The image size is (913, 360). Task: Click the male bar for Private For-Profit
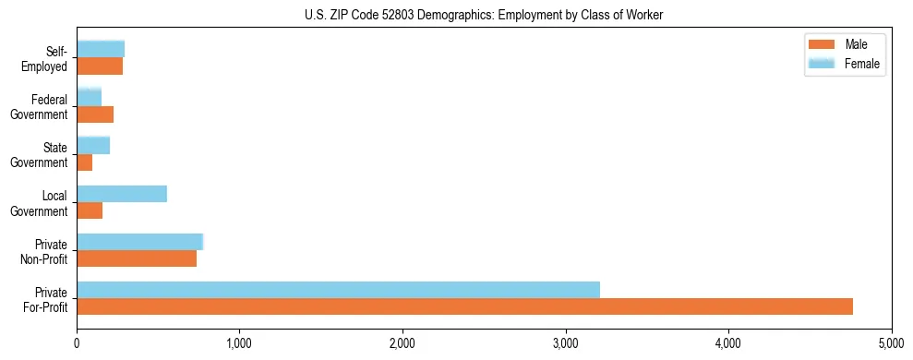tap(464, 306)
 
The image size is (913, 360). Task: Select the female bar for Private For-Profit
tap(338, 290)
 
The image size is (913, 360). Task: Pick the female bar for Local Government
tap(122, 194)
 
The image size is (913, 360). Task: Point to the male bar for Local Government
tap(90, 210)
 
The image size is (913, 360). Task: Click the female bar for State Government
tap(93, 145)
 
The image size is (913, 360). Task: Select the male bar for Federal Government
tap(95, 114)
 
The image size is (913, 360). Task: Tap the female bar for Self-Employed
tap(101, 49)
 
